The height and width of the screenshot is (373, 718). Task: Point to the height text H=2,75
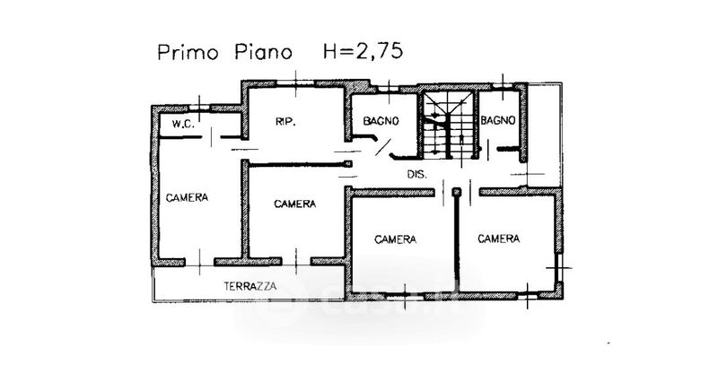pos(355,52)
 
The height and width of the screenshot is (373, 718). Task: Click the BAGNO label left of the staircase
pos(381,120)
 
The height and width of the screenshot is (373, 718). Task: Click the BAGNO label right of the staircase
pos(496,120)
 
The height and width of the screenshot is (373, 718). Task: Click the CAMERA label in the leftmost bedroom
pos(187,197)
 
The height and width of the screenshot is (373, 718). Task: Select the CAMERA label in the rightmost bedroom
pos(499,239)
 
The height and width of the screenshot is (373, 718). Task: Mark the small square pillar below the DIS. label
pos(456,191)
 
